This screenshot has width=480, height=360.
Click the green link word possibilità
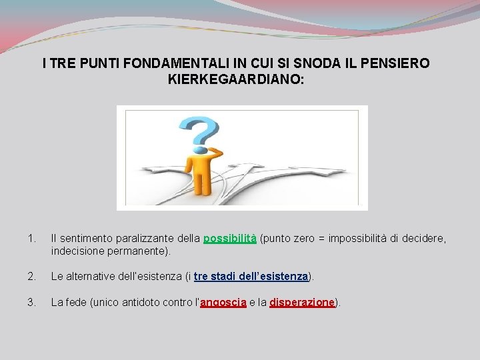pos(230,239)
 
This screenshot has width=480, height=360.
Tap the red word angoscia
pos(223,302)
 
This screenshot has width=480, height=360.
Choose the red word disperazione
pos(302,302)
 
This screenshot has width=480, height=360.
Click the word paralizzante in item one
pos(142,239)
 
